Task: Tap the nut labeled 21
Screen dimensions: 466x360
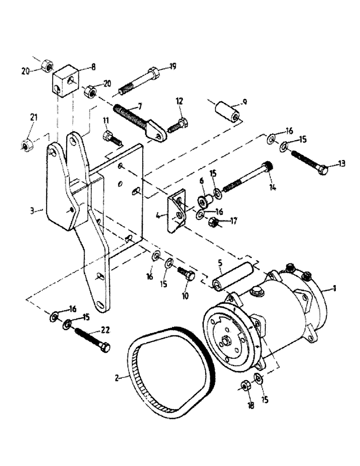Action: tap(27, 145)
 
